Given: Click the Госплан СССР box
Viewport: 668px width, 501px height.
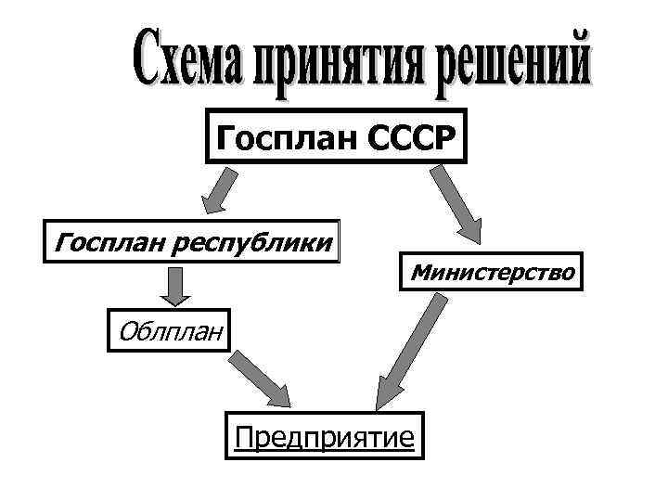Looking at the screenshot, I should click(x=335, y=138).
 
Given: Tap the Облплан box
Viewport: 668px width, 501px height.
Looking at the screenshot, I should click(x=165, y=329).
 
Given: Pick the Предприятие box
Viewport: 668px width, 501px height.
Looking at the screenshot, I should click(x=324, y=434).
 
